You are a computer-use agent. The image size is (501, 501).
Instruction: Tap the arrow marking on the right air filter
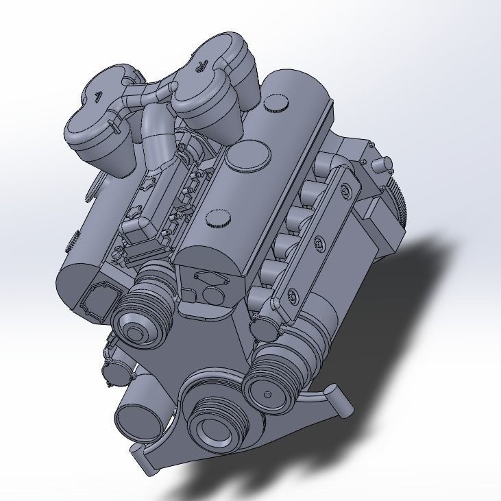(x=199, y=66)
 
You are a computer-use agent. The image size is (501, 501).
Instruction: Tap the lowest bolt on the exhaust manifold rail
(x=294, y=295)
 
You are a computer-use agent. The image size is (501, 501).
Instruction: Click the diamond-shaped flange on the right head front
(x=210, y=278)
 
